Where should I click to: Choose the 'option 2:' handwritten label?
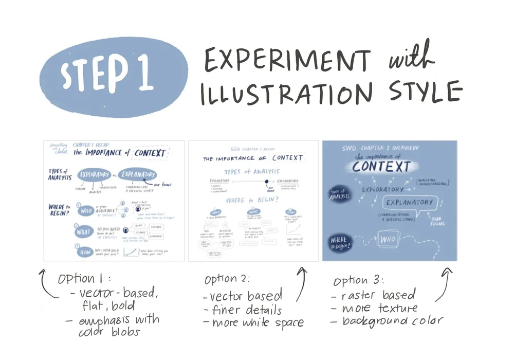coord(227,279)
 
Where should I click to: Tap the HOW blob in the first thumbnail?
coord(84,252)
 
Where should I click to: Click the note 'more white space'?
coord(253,323)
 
